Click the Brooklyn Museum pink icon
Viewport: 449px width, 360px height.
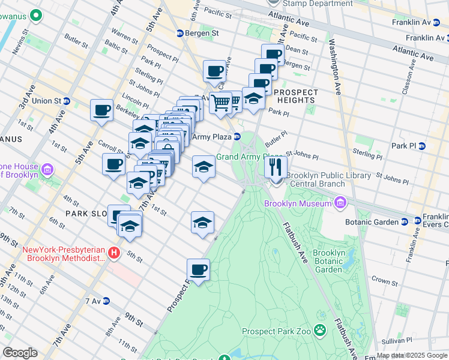341,203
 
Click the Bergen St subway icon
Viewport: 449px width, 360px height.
179,32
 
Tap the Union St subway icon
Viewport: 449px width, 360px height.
67,101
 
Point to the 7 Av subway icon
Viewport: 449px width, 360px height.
106,301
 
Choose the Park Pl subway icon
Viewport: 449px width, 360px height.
421,146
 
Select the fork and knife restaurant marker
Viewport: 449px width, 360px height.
276,167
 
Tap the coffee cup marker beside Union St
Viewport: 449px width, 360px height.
101,110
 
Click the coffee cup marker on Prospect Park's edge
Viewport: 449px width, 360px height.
198,269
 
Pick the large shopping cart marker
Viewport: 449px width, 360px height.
221,103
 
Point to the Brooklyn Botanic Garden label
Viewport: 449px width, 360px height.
328,261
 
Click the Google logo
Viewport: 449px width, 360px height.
20,353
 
